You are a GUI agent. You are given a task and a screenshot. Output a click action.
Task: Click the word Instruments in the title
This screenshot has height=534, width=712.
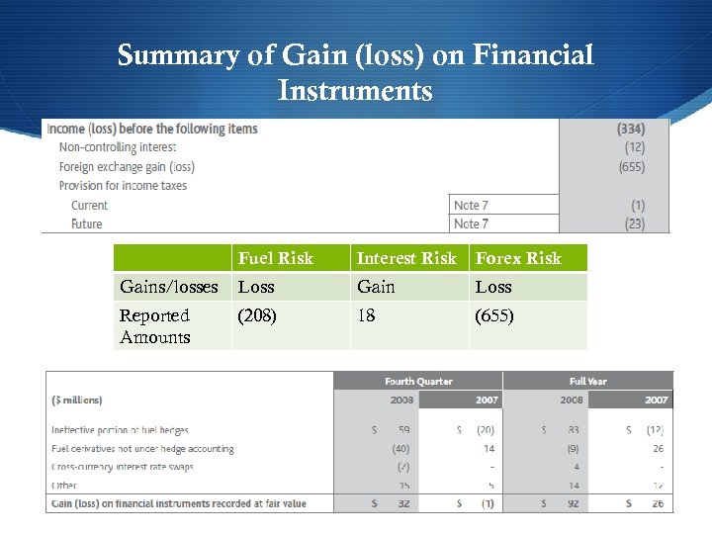click(355, 91)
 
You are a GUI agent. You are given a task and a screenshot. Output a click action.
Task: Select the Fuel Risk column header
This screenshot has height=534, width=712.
click(275, 258)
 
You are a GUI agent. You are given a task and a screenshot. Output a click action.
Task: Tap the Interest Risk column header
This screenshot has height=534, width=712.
click(406, 258)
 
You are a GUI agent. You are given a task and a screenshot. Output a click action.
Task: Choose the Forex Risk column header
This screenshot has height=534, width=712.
click(518, 258)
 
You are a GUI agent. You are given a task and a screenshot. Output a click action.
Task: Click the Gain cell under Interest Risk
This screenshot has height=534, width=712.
click(376, 287)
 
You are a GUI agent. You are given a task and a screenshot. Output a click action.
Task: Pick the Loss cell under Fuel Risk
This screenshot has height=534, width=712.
click(256, 287)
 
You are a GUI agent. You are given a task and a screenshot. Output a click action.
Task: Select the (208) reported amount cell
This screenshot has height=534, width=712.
click(257, 315)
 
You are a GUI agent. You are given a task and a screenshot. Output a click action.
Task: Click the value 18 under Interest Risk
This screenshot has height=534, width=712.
click(366, 315)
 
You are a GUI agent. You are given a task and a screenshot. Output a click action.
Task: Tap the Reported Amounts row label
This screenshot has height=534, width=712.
click(154, 326)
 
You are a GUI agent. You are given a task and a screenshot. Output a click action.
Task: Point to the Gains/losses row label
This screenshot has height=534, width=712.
click(168, 287)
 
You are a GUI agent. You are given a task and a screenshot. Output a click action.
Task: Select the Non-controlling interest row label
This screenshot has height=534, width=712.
click(117, 147)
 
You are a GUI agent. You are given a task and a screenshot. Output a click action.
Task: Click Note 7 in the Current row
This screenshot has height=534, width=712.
click(471, 205)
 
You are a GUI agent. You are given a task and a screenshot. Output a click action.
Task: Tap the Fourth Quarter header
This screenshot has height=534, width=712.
click(418, 381)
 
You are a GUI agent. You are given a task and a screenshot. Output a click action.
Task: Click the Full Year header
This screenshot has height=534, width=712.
click(587, 381)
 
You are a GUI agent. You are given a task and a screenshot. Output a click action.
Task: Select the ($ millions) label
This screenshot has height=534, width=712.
click(77, 400)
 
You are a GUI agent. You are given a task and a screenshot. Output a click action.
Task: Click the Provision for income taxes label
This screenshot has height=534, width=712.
click(123, 186)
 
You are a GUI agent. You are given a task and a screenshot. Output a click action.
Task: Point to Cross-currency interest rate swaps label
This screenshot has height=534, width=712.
click(123, 467)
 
